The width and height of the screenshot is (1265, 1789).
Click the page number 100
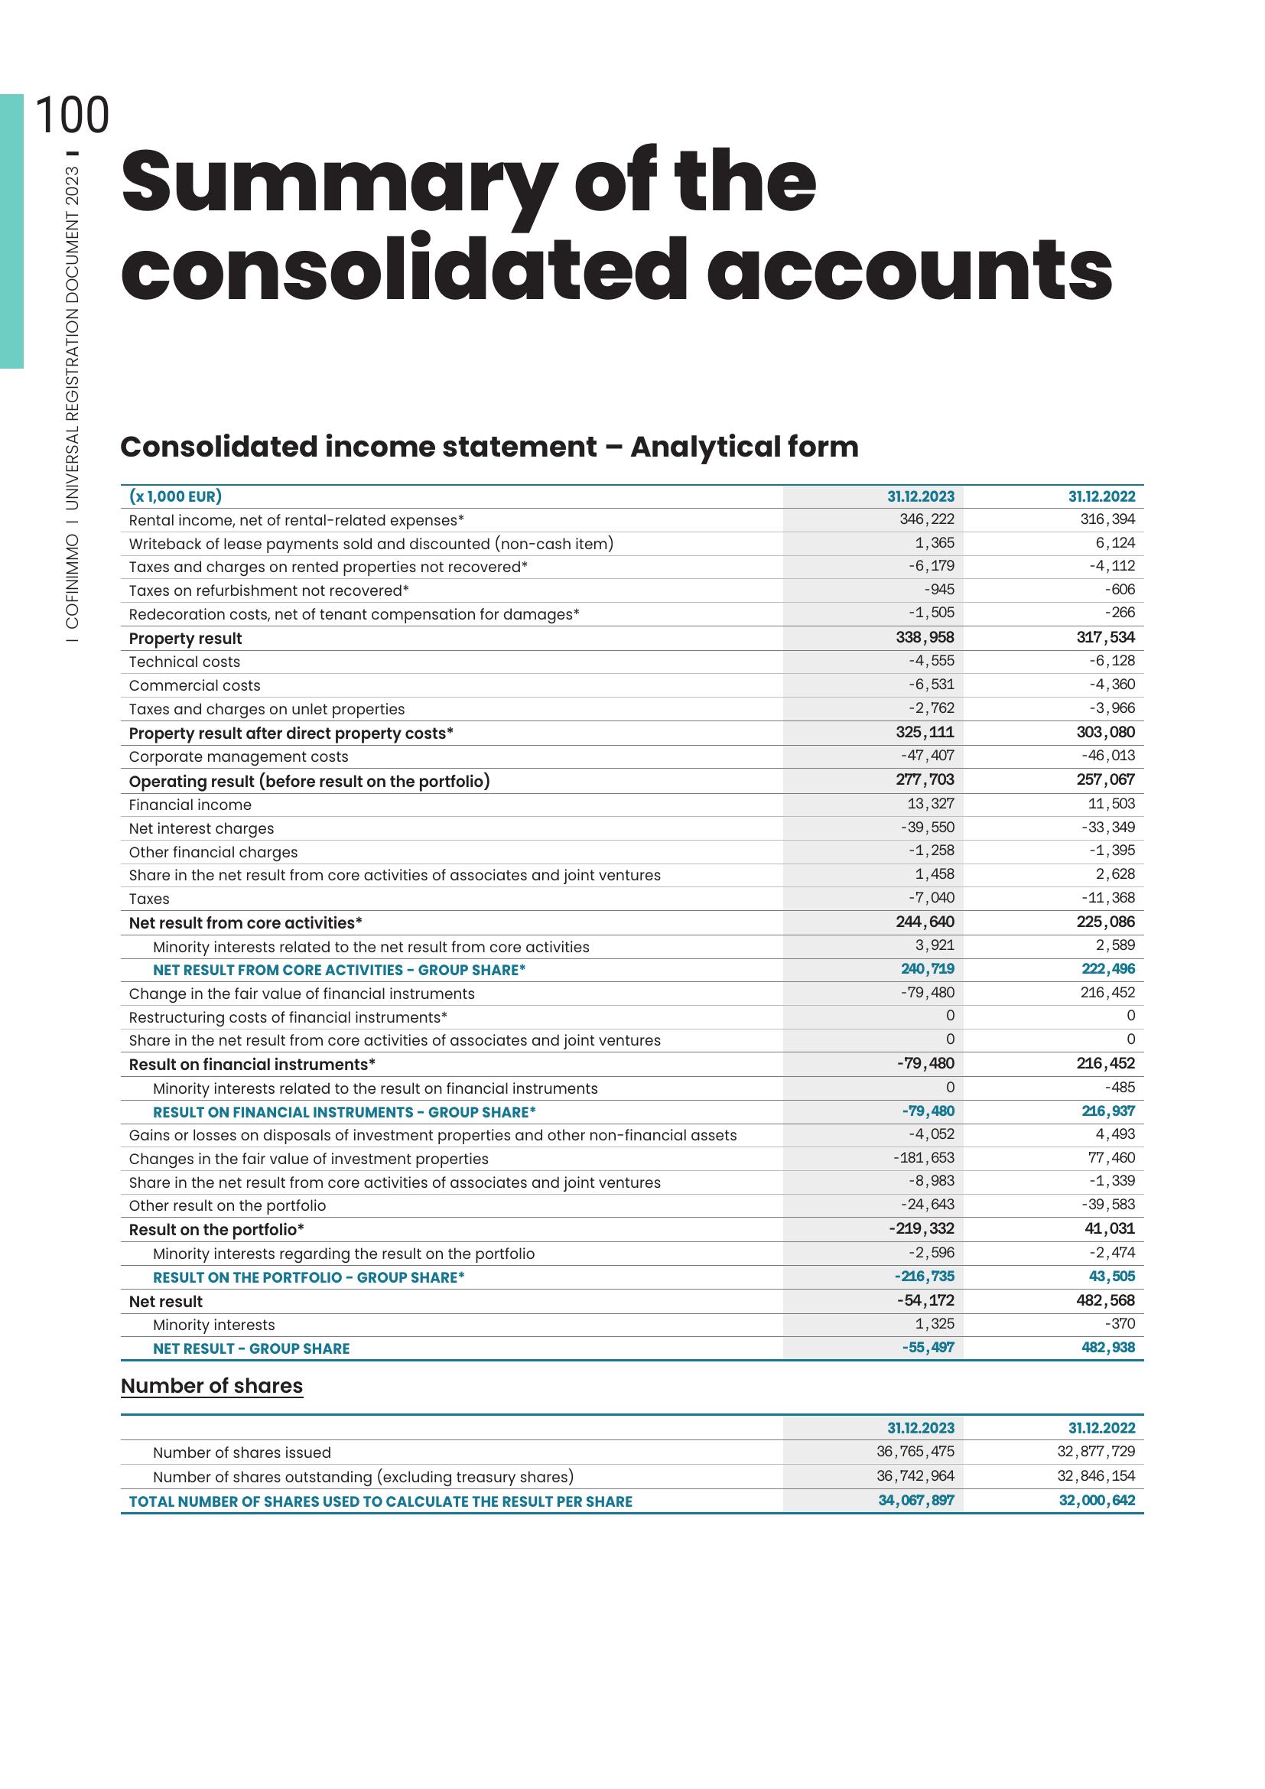73,116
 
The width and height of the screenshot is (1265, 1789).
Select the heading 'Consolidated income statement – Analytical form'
489,447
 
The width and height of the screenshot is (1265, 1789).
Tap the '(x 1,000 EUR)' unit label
175,496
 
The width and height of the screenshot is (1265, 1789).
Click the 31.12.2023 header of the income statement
920,497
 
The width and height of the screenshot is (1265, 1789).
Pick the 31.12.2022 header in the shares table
1101,1428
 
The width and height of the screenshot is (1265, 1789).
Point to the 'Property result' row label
185,639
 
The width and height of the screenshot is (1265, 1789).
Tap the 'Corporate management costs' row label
239,757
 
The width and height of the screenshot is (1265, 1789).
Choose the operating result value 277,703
925,780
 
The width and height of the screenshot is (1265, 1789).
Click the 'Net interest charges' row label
201,829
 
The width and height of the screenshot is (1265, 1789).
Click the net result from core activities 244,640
925,922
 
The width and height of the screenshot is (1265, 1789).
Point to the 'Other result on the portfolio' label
227,1206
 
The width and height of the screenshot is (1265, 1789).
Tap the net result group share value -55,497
928,1348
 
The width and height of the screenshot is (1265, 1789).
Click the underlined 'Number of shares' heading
212,1386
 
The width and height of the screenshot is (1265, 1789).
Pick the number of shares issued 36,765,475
915,1452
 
